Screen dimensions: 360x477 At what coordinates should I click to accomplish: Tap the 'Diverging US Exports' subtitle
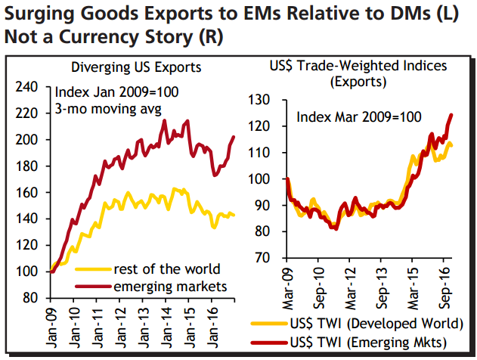(135, 67)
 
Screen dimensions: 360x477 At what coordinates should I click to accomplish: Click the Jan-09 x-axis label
(53, 323)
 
